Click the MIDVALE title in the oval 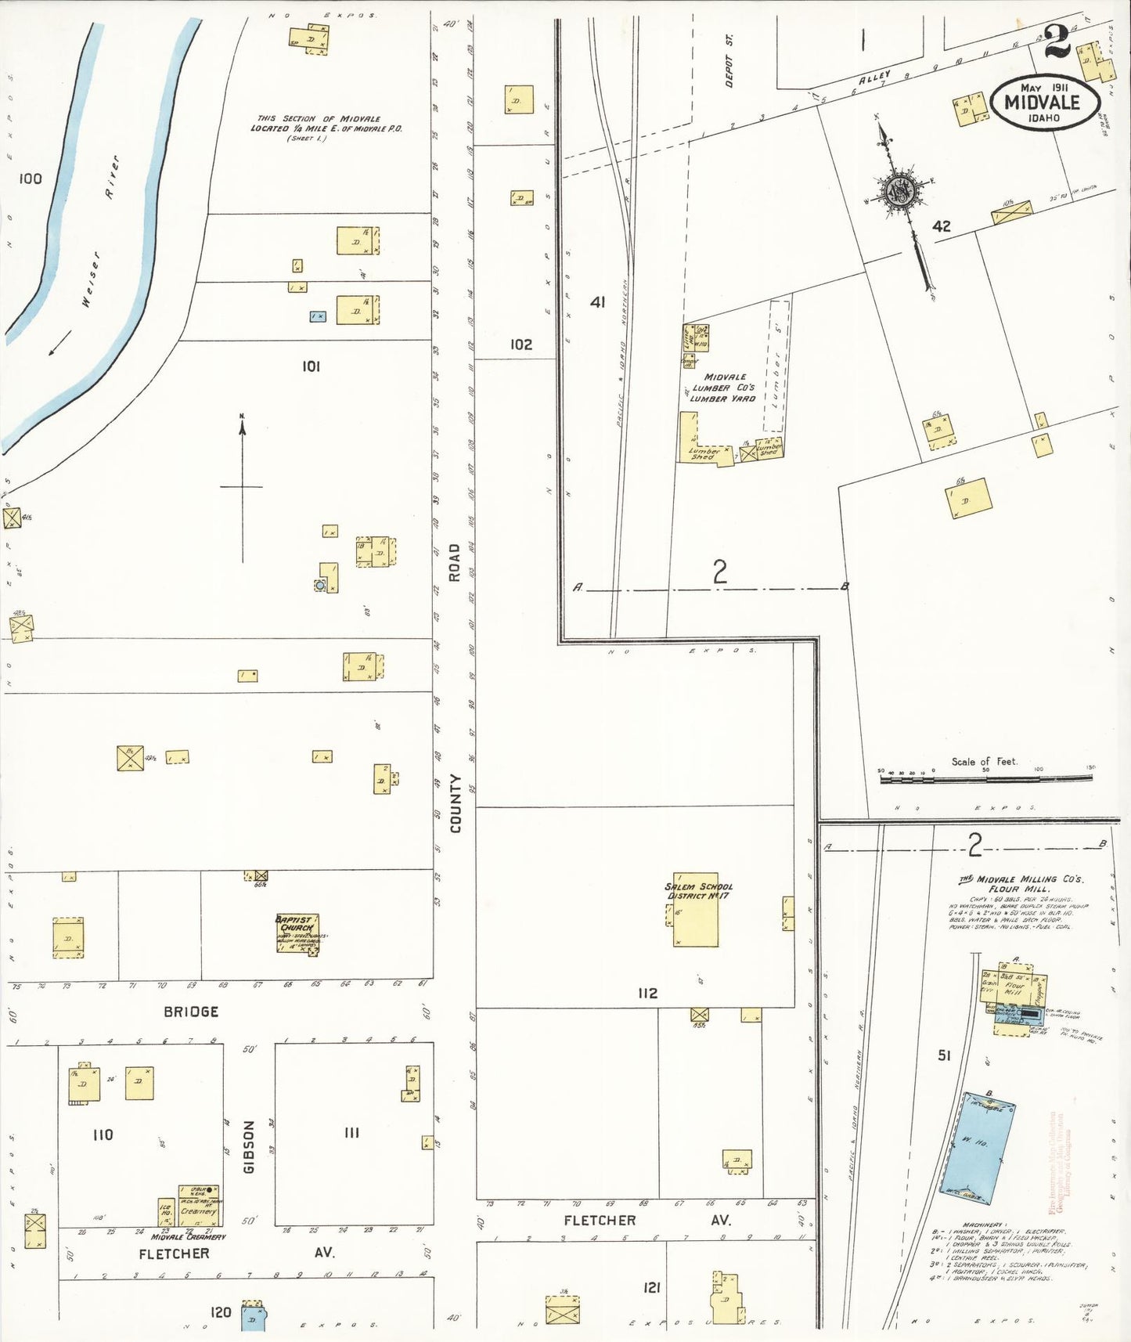[1042, 103]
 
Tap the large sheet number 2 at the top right [1057, 43]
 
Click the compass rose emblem [900, 190]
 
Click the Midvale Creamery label [189, 1237]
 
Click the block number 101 [311, 366]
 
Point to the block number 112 [647, 993]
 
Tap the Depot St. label [729, 60]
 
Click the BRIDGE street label [191, 1012]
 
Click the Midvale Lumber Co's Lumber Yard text [723, 388]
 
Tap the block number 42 [942, 226]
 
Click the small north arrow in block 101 [243, 485]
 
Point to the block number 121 [651, 1288]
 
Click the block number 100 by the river [30, 179]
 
